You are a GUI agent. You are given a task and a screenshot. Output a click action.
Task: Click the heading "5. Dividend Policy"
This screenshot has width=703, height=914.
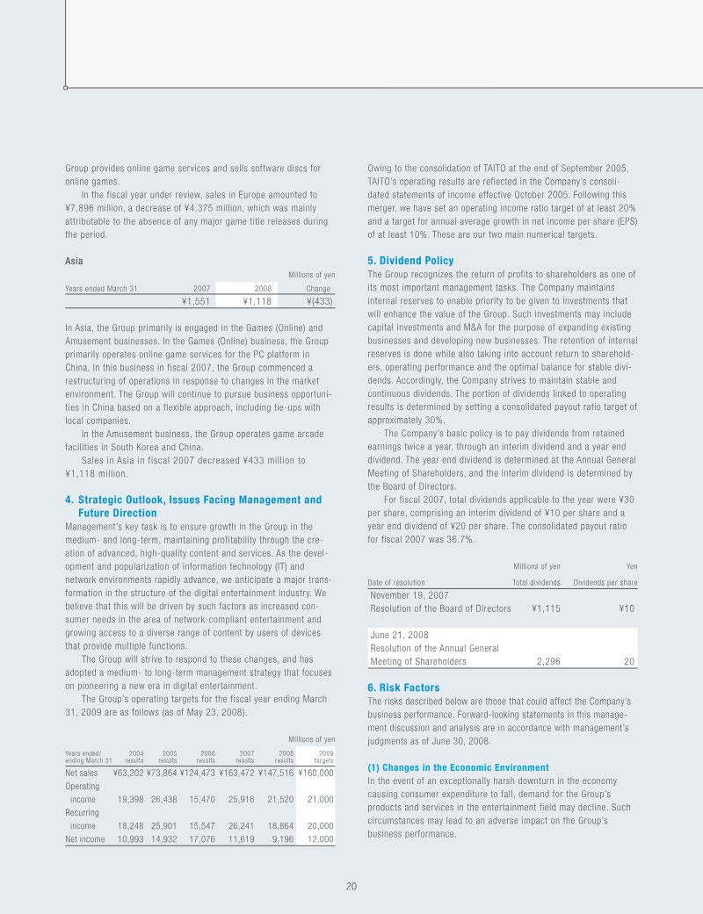[410, 261]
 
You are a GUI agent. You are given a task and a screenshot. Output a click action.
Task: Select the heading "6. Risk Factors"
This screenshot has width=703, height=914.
[403, 687]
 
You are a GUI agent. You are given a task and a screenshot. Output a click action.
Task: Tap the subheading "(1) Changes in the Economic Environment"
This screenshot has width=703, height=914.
[458, 767]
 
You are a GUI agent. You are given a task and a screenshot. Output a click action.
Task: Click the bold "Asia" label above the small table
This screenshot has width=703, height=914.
[74, 261]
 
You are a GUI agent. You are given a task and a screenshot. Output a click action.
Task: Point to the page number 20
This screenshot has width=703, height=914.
[351, 886]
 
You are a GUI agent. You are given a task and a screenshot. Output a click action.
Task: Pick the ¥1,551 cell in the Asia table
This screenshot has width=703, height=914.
[196, 301]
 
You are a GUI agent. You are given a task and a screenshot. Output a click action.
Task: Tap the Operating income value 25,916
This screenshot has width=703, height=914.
[239, 799]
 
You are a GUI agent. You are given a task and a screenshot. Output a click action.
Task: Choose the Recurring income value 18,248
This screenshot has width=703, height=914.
[132, 826]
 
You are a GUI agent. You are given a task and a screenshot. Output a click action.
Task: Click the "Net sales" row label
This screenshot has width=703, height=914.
[82, 773]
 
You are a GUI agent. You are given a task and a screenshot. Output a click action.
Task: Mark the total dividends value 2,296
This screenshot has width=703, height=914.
[547, 662]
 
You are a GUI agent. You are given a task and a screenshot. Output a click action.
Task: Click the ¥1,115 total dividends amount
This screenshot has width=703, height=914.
[546, 608]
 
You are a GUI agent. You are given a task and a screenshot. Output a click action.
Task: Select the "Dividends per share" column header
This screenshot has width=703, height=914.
[605, 582]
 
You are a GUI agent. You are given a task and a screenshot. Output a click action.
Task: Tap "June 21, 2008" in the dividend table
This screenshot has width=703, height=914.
[400, 634]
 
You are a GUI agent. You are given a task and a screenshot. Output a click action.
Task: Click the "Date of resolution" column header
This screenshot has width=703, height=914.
[396, 582]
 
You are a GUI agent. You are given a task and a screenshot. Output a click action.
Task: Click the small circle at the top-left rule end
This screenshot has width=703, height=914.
[66, 88]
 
